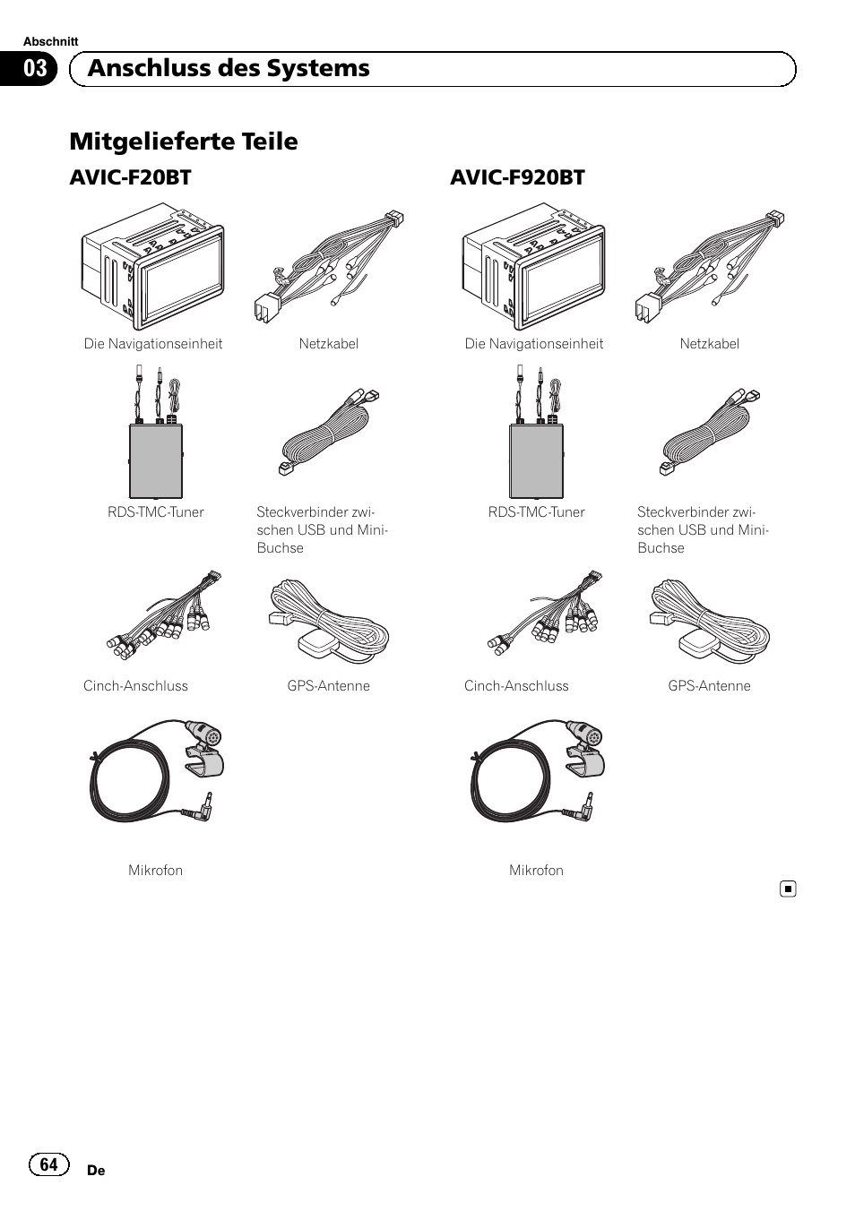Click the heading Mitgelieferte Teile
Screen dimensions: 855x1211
pos(184,142)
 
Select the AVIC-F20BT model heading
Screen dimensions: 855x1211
pos(130,177)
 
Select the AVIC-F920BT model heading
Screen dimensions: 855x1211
pos(517,177)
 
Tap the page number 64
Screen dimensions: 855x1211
pos(48,1164)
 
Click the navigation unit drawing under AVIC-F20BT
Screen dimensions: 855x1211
pos(153,266)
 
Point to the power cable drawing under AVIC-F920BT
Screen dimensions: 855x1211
pos(711,266)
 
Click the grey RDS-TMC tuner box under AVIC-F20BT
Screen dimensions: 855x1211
pos(156,460)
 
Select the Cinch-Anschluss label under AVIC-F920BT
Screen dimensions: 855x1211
pos(516,685)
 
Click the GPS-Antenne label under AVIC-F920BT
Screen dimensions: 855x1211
pos(710,685)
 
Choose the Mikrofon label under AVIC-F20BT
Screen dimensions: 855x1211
pos(155,870)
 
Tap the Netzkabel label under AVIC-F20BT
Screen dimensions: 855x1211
pos(329,343)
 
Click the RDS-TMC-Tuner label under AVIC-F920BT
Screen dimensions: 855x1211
pos(537,511)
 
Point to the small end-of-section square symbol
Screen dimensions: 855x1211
pos(788,889)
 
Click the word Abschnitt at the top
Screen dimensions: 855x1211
pos(51,41)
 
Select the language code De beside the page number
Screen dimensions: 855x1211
pos(96,1171)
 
